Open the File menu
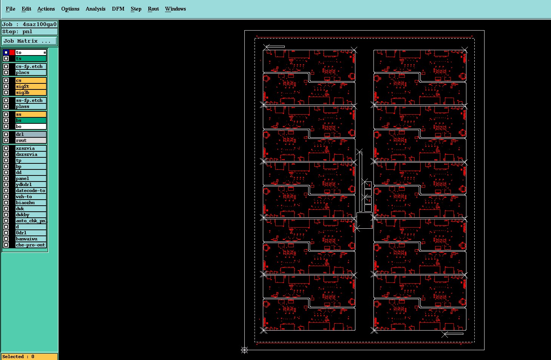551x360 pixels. click(10, 9)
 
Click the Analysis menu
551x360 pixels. click(96, 9)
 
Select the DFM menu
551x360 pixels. click(118, 9)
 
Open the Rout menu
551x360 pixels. click(153, 9)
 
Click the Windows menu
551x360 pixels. click(175, 9)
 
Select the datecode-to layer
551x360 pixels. click(31, 191)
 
